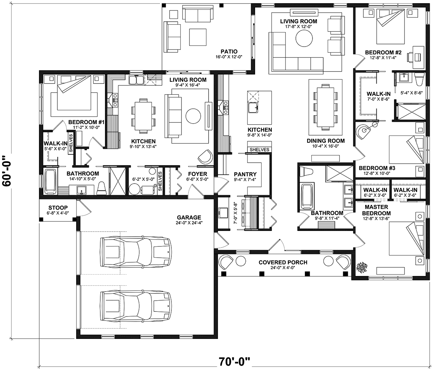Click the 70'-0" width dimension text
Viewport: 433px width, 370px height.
[x=235, y=361]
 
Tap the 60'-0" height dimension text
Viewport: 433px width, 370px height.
[x=7, y=171]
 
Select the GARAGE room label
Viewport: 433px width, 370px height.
[x=189, y=217]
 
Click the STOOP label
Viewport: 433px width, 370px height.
[x=58, y=208]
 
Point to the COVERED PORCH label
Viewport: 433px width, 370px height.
[x=283, y=262]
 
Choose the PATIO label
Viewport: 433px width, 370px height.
[x=229, y=51]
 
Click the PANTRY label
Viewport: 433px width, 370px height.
[x=245, y=174]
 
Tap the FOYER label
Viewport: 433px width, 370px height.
[x=197, y=174]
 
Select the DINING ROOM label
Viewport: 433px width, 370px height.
[x=326, y=141]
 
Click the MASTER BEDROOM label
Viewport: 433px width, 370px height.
[x=376, y=210]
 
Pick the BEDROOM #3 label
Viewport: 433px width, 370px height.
[x=377, y=168]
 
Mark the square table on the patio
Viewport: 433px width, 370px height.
[x=198, y=37]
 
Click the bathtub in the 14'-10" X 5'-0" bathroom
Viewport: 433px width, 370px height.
[x=50, y=181]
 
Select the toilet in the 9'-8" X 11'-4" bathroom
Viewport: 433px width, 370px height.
[x=306, y=171]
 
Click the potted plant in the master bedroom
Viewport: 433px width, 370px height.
[x=362, y=268]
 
